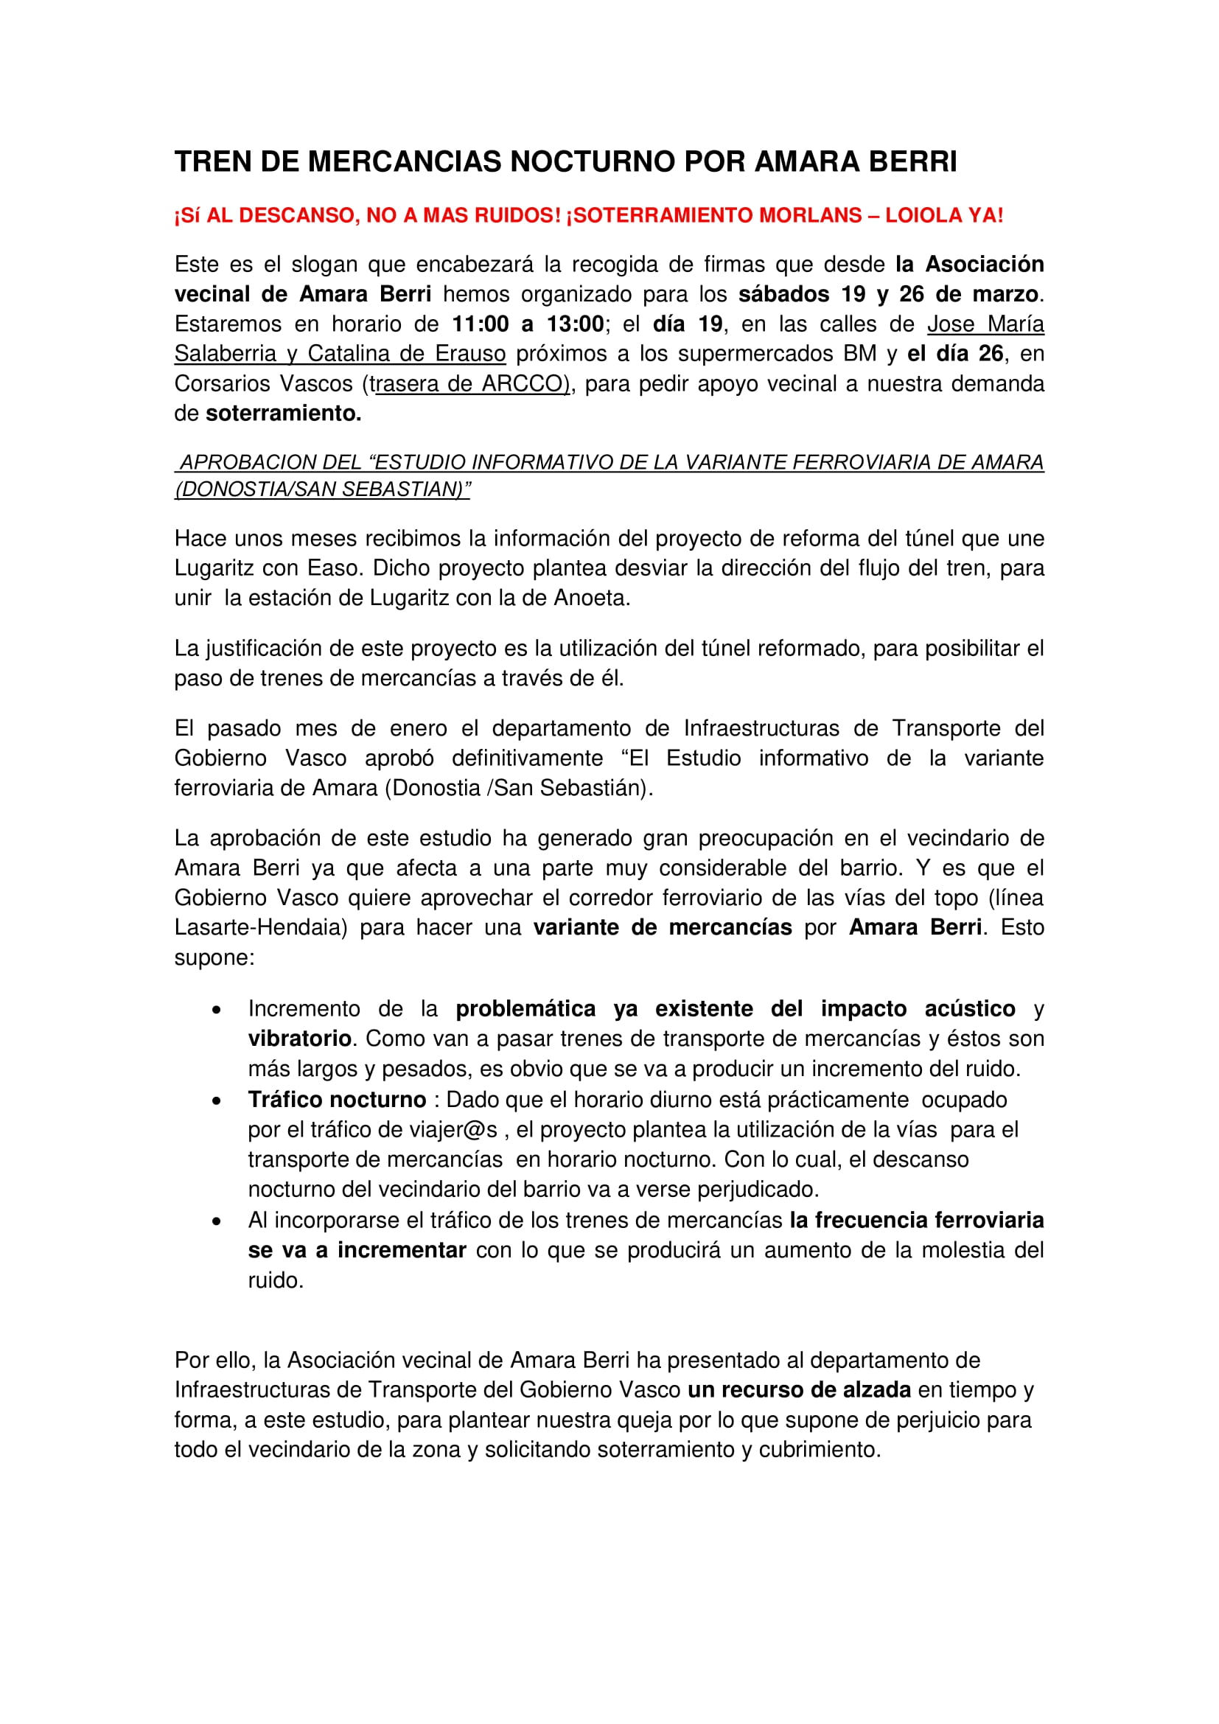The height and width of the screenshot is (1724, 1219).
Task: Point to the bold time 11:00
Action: [x=481, y=324]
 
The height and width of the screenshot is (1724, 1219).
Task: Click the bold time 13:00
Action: [x=575, y=324]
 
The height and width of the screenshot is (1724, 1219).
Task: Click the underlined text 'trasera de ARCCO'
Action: [x=470, y=384]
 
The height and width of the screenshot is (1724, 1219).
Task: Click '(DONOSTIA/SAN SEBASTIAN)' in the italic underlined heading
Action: [x=323, y=489]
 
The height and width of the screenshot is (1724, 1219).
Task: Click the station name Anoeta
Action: [x=591, y=598]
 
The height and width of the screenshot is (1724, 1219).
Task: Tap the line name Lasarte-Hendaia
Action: [x=260, y=927]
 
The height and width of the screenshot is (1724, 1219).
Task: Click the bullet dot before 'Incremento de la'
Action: [x=217, y=1011]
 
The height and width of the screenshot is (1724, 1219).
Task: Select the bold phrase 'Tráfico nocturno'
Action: [x=337, y=1100]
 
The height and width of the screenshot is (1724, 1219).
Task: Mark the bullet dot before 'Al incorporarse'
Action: [x=217, y=1221]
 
